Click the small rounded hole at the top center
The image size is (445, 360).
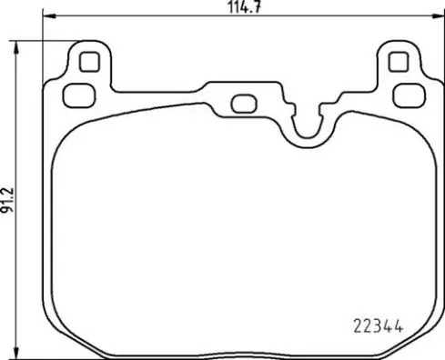point(243,103)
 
